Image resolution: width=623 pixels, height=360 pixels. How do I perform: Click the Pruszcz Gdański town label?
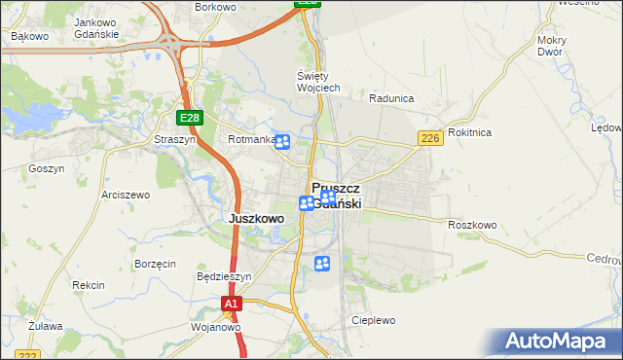[337, 195]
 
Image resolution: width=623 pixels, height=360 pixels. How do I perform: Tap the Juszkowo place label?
[256, 219]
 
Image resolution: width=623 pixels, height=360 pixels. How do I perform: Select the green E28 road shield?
[190, 118]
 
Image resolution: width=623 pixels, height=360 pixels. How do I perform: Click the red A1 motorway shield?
[230, 305]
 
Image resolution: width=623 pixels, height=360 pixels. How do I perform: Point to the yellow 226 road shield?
[431, 140]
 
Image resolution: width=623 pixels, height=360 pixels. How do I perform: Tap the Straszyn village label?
[174, 140]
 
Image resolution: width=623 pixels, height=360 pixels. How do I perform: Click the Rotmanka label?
[249, 140]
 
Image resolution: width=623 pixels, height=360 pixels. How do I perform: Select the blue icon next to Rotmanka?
[282, 143]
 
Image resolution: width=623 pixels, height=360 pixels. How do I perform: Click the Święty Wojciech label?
[317, 82]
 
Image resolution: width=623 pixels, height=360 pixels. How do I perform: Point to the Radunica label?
[392, 98]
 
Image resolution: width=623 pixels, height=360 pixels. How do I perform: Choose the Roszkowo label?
[472, 225]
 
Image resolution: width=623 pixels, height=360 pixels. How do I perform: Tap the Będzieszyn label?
[224, 276]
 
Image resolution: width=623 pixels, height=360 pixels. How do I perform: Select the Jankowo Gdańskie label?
[96, 28]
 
